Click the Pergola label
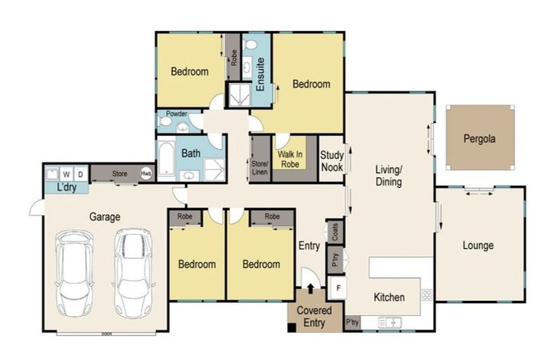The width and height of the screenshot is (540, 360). (479, 139)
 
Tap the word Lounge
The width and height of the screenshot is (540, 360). (477, 245)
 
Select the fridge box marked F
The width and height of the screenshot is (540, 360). (338, 288)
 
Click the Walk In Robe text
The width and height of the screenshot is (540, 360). (290, 158)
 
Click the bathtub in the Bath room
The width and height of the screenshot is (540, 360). (166, 160)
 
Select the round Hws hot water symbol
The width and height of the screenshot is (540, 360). (146, 174)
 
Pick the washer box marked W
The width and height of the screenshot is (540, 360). (67, 174)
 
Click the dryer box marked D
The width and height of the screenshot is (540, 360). (80, 174)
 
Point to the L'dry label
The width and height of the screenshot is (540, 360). (66, 188)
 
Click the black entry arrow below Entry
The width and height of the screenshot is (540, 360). (309, 288)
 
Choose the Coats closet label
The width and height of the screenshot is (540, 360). (335, 233)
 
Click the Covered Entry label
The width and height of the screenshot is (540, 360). (314, 316)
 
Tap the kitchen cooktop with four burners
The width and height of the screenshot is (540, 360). (426, 295)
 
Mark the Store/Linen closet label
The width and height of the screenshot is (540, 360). (259, 167)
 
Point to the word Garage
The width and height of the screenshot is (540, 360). (104, 217)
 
